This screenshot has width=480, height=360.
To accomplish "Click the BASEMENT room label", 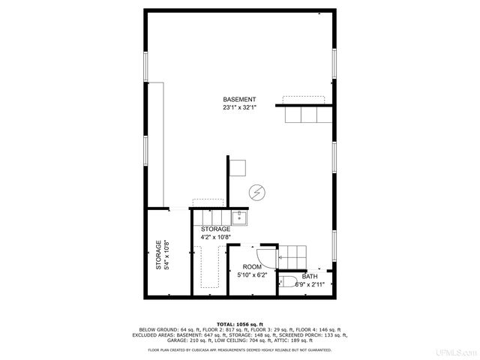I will pos(239,100).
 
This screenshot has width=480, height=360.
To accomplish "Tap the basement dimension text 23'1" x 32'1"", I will pos(239,108).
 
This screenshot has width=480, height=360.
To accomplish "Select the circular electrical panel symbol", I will pos(256,193).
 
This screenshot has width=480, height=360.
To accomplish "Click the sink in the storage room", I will pos(240,217).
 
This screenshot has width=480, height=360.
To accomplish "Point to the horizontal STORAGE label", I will pos(215,229).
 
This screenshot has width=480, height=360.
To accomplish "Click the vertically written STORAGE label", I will pos(158,255).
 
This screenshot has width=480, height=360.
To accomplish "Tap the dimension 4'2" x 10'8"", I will pos(215,237).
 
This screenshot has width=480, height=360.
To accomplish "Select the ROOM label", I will pos(252,267).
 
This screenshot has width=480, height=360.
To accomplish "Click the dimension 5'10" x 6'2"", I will pos(252,275).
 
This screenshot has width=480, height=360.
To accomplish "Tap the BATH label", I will pos(310,276).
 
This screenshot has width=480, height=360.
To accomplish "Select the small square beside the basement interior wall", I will pos(239,166).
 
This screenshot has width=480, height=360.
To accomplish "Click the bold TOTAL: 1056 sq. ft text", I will pos(240,322).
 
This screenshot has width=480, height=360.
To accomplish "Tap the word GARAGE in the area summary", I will pos(178,339).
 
